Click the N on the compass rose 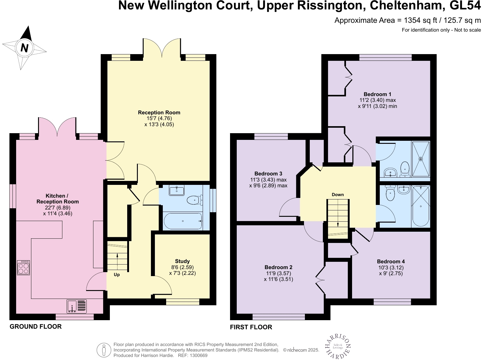point(24,48)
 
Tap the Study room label point(182,261)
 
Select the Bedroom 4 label point(391,261)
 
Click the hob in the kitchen point(23,268)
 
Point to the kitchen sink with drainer point(77,306)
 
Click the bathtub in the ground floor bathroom point(183,221)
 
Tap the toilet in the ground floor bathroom point(195,200)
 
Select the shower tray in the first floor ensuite point(421,159)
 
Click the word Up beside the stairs point(117,275)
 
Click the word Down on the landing point(338,195)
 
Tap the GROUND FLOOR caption point(36,327)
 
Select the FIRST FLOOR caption point(251,327)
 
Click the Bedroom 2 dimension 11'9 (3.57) point(278,273)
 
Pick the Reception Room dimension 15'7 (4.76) point(159,119)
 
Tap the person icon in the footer point(104,350)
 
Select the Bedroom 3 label point(268,174)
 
